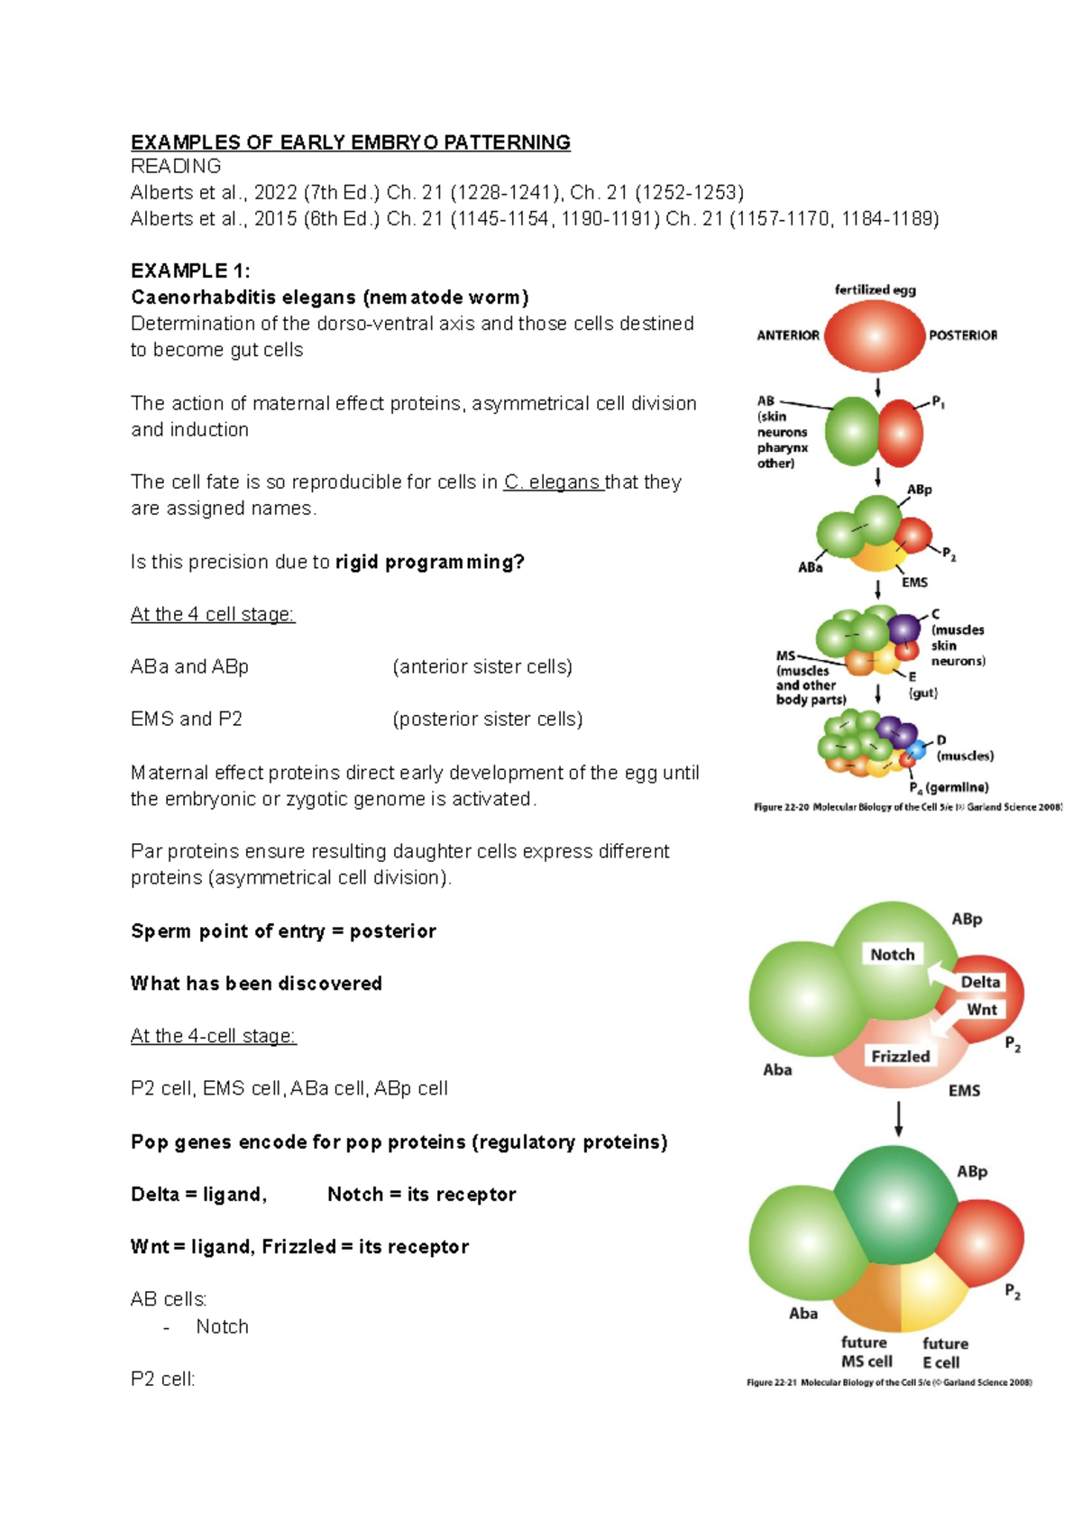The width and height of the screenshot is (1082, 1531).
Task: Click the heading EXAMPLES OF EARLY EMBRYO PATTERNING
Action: pos(350,142)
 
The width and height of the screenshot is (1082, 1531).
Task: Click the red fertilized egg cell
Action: pos(875,335)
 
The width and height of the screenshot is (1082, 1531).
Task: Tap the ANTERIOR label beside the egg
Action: pos(788,335)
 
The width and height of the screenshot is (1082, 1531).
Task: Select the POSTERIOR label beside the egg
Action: pos(963,335)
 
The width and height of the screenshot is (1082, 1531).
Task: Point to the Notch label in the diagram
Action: pos(892,954)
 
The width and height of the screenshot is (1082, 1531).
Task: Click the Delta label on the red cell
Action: pos(980,982)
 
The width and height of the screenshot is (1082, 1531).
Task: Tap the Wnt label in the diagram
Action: pos(982,1009)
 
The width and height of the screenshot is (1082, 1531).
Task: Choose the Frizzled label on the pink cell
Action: pos(900,1056)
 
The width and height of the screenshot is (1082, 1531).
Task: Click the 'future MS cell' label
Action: pos(866,1352)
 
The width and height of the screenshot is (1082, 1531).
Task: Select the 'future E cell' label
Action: pos(944,1352)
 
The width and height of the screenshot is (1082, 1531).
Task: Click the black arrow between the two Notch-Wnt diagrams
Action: pos(898,1118)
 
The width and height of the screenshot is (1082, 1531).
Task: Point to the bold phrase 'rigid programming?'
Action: pos(429,562)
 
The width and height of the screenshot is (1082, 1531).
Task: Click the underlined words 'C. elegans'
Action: pos(553,482)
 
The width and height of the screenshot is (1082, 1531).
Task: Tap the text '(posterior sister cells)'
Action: pos(487,719)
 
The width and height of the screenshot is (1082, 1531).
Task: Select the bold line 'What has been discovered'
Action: pos(256,983)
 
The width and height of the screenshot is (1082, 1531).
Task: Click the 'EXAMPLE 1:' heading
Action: pos(190,270)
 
